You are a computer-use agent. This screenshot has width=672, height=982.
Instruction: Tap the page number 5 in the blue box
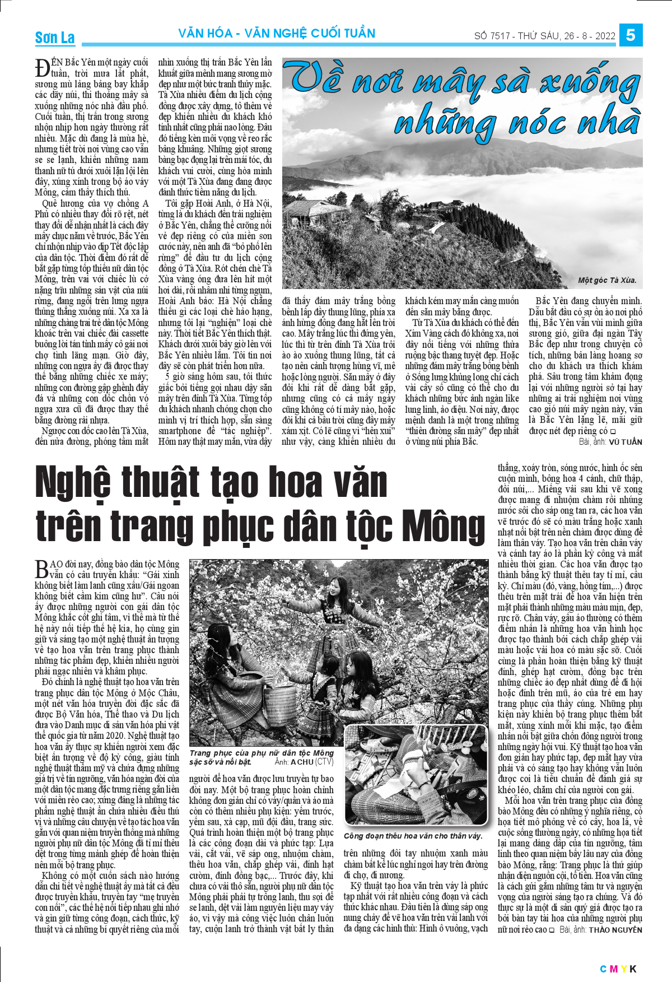pos(631,35)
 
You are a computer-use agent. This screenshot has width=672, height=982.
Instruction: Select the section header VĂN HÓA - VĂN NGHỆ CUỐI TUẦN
pos(277,34)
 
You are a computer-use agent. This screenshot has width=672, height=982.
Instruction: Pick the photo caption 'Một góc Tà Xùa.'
pos(607,280)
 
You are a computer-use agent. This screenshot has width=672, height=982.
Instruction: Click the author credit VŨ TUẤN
pos(626,442)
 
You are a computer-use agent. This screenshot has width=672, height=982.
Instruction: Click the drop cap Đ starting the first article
pos(43,68)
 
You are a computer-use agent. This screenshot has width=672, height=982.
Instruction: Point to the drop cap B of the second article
pos(41,570)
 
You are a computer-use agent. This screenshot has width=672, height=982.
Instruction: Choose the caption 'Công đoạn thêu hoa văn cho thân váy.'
pos(413,836)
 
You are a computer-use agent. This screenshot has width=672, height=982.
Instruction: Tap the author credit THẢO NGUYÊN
pos(615,930)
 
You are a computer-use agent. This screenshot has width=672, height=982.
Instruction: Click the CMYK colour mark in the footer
pos(618,969)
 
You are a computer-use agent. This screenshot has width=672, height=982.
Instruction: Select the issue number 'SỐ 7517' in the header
pos(492,36)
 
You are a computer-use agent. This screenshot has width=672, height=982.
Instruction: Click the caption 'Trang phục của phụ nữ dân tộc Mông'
pos(262,753)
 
